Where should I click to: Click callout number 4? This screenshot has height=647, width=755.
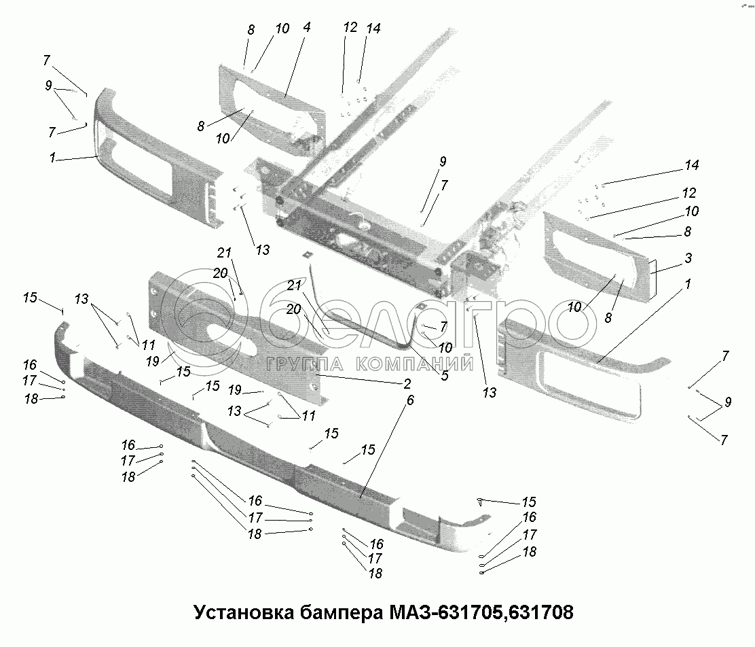pos(307,29)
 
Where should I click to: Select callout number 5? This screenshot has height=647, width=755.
pos(444,374)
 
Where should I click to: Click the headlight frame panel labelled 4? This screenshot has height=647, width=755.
pos(272,109)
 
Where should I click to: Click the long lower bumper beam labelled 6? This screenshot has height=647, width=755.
pos(272,462)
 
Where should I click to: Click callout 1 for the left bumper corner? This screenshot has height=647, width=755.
pos(52,158)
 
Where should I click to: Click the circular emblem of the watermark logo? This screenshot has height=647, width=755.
pos(217,319)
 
